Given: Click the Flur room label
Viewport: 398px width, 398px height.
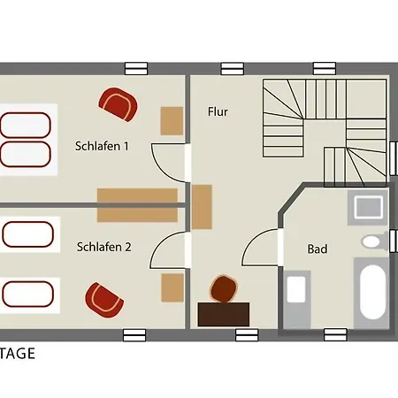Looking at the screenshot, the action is point(218,111).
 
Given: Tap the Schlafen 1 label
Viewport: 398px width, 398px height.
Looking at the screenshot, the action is point(102,146).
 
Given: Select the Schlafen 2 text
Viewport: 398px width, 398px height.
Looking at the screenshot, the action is point(103,247).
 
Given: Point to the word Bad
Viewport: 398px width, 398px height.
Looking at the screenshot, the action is point(318,249).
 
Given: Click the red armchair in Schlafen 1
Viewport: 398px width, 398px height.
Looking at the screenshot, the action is point(118,104).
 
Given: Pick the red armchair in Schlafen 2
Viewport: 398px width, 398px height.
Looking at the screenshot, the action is point(104,300).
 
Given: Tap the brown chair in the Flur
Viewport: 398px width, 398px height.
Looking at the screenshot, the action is point(224,289).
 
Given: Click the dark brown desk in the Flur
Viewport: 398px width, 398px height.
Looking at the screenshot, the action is point(224,314).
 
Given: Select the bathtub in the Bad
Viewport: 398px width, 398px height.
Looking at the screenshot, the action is point(372,292).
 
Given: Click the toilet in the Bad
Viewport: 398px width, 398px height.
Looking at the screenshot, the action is point(374,241).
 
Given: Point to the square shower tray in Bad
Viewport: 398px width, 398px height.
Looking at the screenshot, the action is point(368,208).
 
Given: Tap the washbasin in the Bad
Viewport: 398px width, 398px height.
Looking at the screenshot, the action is point(296,289).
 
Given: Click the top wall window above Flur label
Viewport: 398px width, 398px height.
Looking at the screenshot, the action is point(233,69).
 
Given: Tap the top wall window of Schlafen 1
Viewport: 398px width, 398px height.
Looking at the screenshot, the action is point(136,69).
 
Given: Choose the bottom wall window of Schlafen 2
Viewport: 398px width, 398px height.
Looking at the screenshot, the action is point(134,335).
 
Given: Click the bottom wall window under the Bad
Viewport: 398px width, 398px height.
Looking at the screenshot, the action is point(335,335).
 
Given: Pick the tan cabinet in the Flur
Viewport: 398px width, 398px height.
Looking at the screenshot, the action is point(202,207).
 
